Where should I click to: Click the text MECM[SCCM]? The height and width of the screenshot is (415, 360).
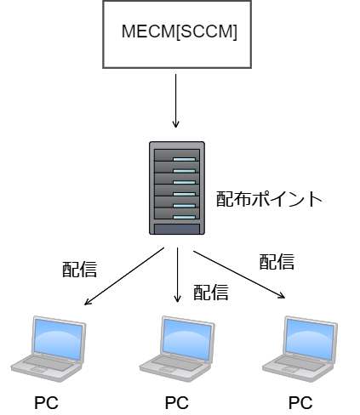pos(179,33)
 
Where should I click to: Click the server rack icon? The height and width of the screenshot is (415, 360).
pos(176,188)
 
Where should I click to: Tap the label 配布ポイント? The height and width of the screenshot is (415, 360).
pos(270,199)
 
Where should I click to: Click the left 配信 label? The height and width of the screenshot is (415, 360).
pos(79,270)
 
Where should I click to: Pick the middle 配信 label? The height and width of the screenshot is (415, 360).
pos(211,293)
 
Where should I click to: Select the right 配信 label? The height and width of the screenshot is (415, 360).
pos(277,261)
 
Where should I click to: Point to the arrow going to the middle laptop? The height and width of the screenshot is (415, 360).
pos(178,276)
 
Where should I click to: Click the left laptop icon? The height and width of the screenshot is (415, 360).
pos(49,347)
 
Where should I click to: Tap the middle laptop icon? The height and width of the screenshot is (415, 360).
pos(176,347)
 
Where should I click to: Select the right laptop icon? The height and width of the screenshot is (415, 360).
pos(300,347)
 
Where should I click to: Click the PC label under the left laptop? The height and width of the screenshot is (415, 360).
pos(48,401)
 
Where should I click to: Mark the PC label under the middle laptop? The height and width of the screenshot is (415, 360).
pos(176,401)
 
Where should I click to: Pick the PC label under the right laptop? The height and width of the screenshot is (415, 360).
pos(300,401)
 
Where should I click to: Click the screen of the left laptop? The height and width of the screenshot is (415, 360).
pos(58,338)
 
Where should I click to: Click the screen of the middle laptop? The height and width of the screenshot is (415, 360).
pos(186,338)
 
